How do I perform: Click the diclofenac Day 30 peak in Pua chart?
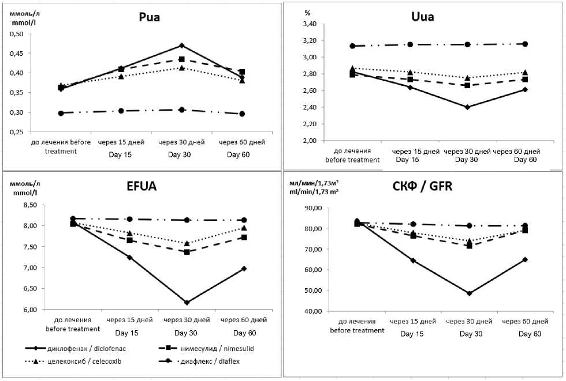[x=181, y=46]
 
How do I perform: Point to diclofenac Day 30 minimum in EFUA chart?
[x=186, y=302]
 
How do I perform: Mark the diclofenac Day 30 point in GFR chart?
[x=469, y=293]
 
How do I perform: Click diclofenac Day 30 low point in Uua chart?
[x=467, y=107]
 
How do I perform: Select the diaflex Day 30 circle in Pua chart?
[x=181, y=110]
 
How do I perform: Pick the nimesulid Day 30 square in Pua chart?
[x=181, y=59]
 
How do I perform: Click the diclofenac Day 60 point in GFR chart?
[x=524, y=259]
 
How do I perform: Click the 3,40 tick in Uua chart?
[x=310, y=24]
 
